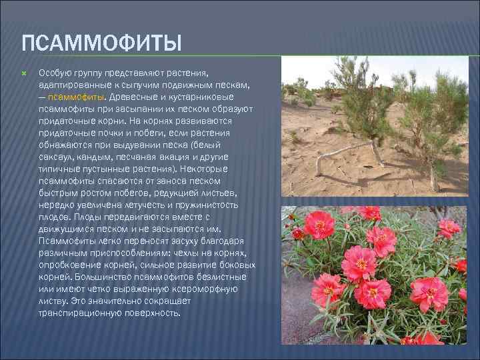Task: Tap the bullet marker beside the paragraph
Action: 24,71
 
